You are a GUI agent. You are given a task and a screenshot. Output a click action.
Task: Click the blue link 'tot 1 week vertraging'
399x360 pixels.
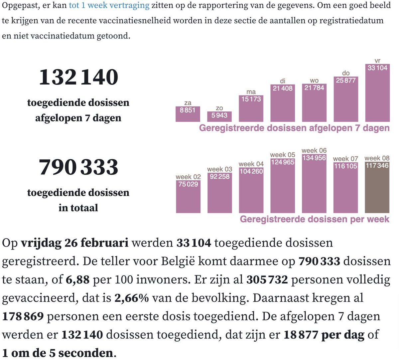pyautogui.click(x=109, y=5)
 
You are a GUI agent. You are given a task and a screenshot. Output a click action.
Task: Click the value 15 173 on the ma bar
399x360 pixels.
pyautogui.click(x=251, y=99)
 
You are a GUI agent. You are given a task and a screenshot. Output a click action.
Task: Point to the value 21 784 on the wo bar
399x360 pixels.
pyautogui.click(x=314, y=88)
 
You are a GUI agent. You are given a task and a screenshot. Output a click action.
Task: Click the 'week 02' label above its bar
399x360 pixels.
pyautogui.click(x=188, y=177)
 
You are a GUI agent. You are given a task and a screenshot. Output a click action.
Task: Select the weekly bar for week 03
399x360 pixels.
pyautogui.click(x=219, y=193)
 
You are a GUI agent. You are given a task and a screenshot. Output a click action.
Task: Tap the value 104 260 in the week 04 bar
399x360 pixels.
pyautogui.click(x=251, y=171)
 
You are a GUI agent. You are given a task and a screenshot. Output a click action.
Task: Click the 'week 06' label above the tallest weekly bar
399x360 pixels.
pyautogui.click(x=314, y=150)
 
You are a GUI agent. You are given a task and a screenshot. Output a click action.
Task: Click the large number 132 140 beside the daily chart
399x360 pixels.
pyautogui.click(x=78, y=77)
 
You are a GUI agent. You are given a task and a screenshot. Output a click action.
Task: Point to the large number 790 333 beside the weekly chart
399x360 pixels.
pyautogui.click(x=78, y=167)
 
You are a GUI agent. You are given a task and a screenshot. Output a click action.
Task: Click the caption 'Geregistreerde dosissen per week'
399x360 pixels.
pyautogui.click(x=314, y=219)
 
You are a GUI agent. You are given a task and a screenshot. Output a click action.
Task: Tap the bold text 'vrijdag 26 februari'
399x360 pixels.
pyautogui.click(x=74, y=243)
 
